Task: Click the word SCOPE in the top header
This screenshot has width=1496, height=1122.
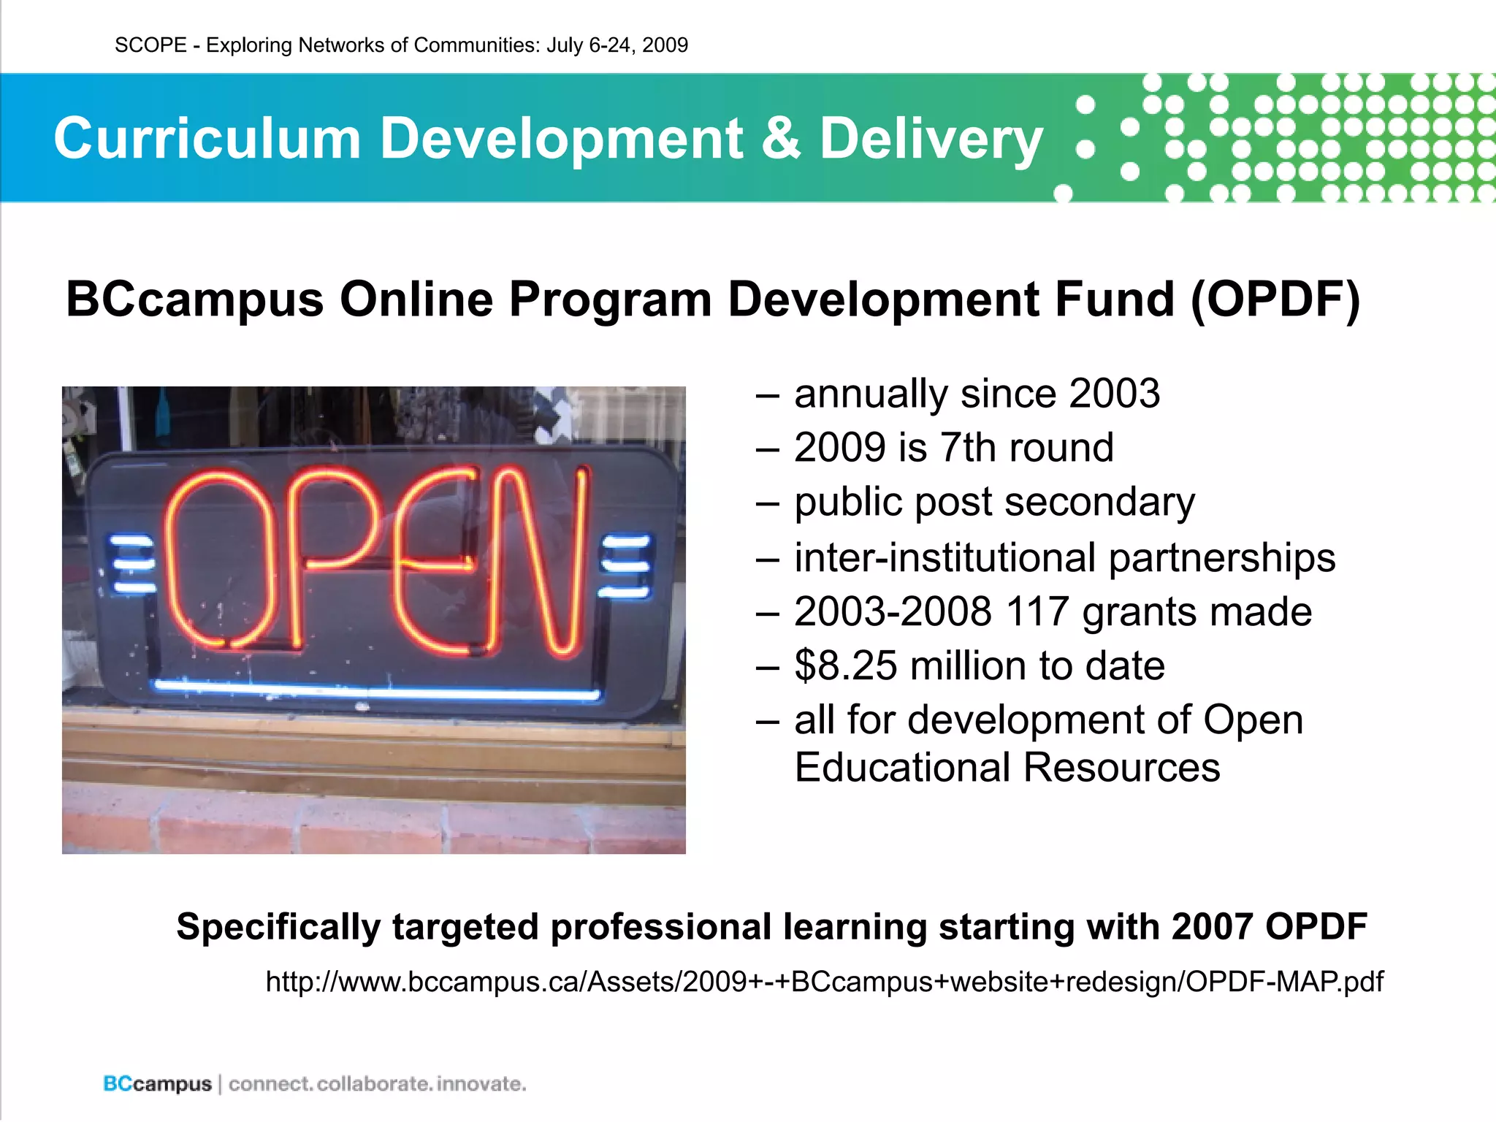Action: pos(150,45)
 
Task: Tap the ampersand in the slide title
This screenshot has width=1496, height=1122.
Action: pos(781,138)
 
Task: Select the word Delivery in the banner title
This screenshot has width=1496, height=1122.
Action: pos(931,140)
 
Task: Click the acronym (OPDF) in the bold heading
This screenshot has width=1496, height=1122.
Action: pos(1275,299)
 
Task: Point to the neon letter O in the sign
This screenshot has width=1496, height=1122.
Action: pos(219,559)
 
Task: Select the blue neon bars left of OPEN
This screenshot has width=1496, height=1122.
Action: pos(132,565)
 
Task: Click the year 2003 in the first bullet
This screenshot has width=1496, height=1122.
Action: pos(1114,394)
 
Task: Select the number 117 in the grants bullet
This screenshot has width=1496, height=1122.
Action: pos(1037,611)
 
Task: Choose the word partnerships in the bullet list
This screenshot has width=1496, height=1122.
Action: pos(1221,559)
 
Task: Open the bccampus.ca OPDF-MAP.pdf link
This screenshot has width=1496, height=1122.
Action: pos(824,982)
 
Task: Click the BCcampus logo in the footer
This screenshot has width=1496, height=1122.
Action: pos(157,1084)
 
